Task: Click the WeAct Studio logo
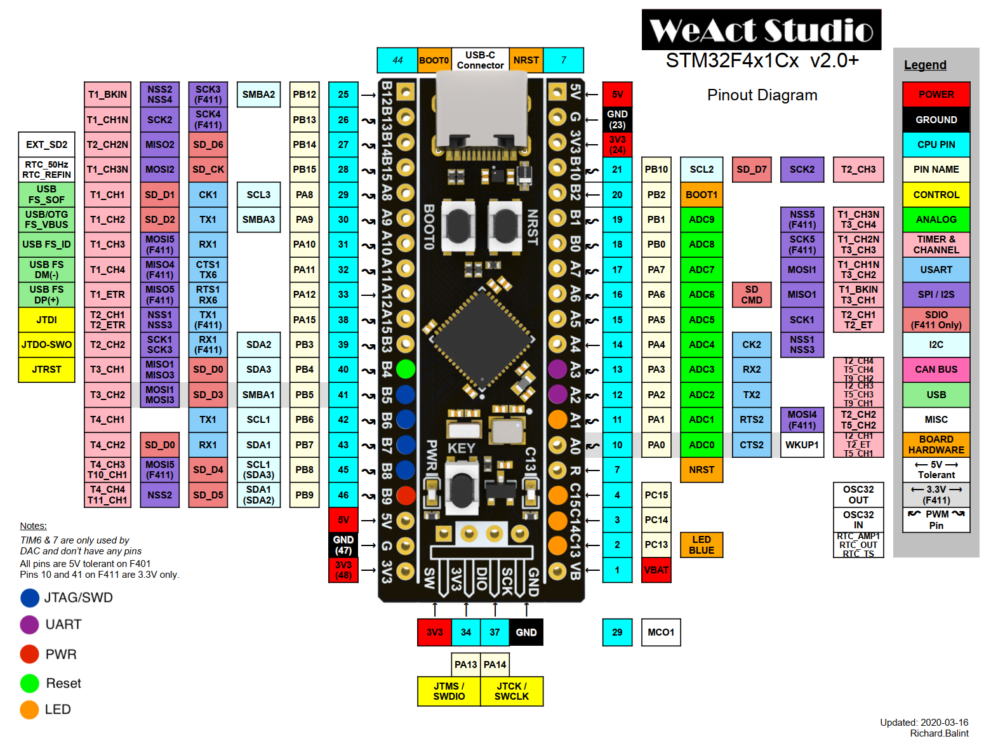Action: click(x=761, y=30)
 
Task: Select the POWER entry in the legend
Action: click(x=936, y=95)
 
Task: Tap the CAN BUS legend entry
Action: click(x=936, y=370)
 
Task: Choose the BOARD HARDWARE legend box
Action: click(x=936, y=444)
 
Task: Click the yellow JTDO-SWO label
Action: click(x=46, y=345)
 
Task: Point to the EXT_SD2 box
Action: click(x=46, y=145)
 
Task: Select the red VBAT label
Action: click(x=656, y=570)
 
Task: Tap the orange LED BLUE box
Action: click(x=701, y=545)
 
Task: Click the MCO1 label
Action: click(x=660, y=632)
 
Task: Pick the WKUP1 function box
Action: click(x=802, y=445)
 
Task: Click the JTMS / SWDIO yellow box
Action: click(x=449, y=691)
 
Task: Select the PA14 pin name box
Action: click(x=495, y=665)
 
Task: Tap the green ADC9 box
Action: click(x=701, y=220)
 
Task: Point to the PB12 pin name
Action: click(x=304, y=95)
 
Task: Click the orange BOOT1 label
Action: click(x=701, y=195)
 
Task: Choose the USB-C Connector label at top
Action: click(x=480, y=60)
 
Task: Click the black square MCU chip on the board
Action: click(x=482, y=336)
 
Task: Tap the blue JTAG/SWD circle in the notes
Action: click(x=30, y=598)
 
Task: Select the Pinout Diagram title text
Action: click(x=762, y=95)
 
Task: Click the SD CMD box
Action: click(x=751, y=295)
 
